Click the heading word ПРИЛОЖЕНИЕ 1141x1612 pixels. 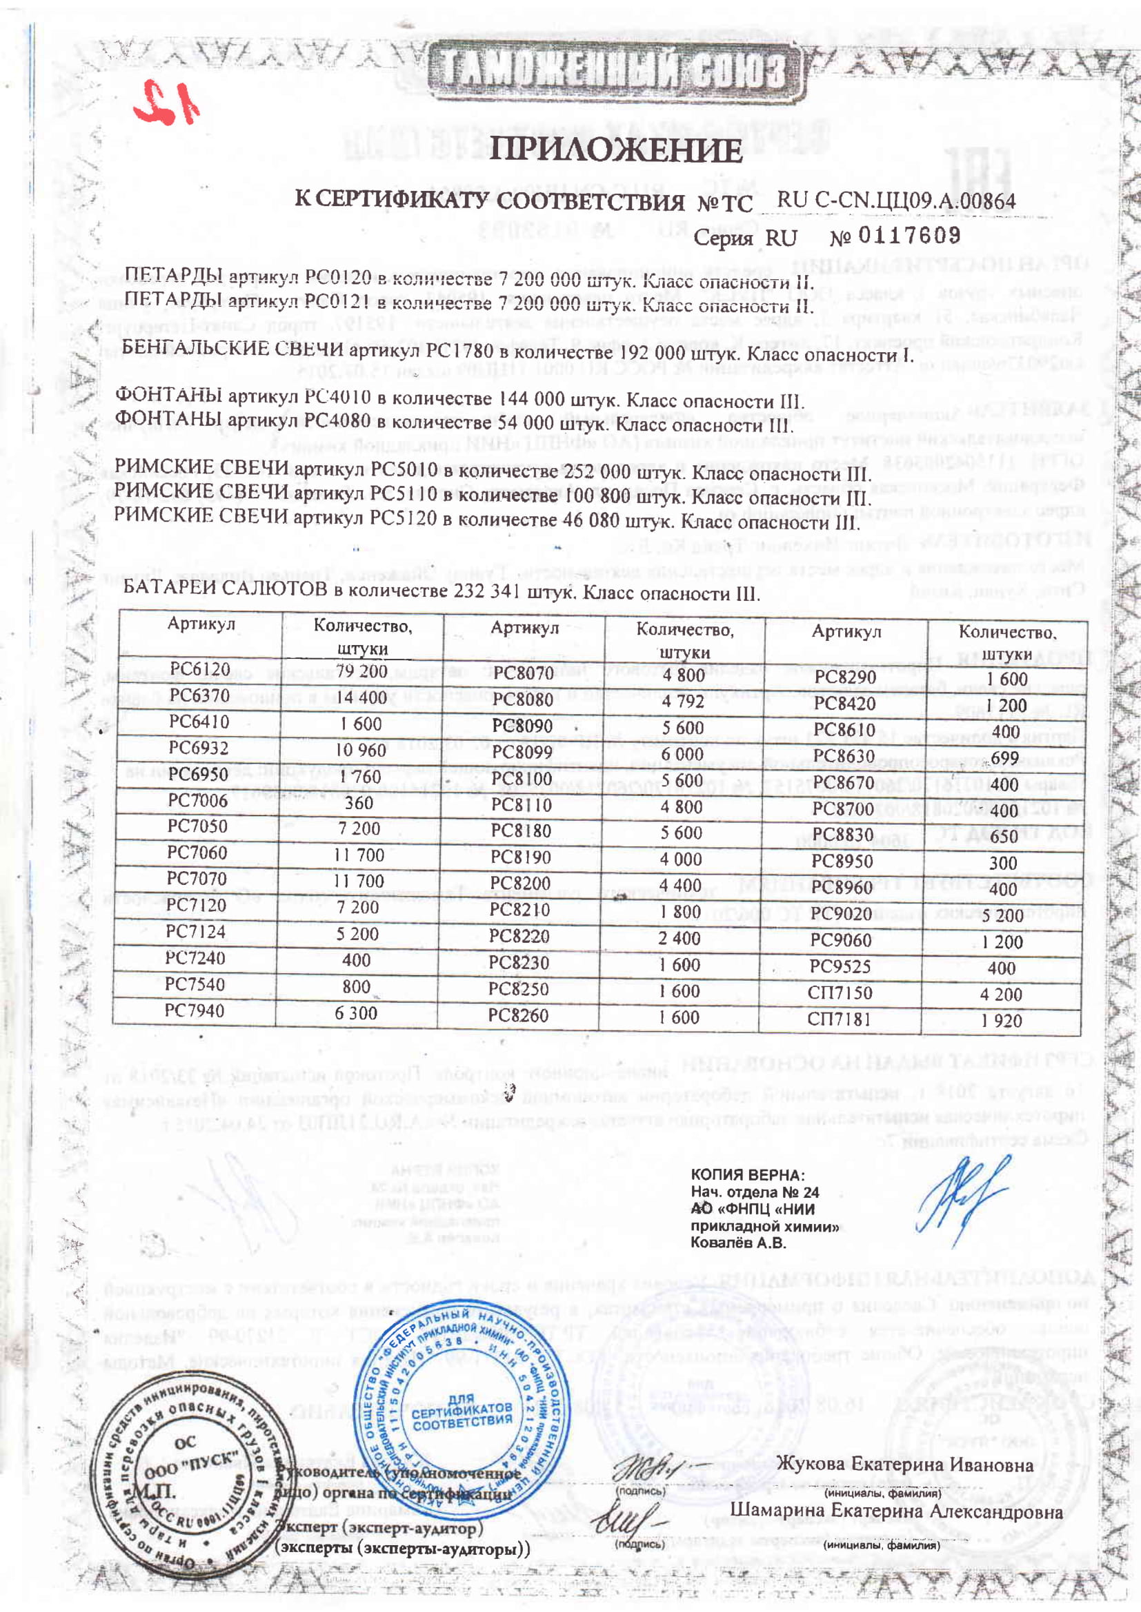pyautogui.click(x=615, y=150)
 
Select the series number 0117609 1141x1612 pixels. pyautogui.click(x=909, y=235)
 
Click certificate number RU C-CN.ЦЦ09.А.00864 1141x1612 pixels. pyautogui.click(x=896, y=201)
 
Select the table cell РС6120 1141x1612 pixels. pyautogui.click(x=199, y=669)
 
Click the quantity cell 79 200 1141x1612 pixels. pyautogui.click(x=362, y=671)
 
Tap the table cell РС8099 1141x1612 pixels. pyautogui.click(x=522, y=753)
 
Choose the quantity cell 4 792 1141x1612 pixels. pyautogui.click(x=682, y=702)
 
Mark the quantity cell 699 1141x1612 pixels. pyautogui.click(x=1004, y=758)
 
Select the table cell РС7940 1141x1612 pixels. pyautogui.click(x=195, y=1010)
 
